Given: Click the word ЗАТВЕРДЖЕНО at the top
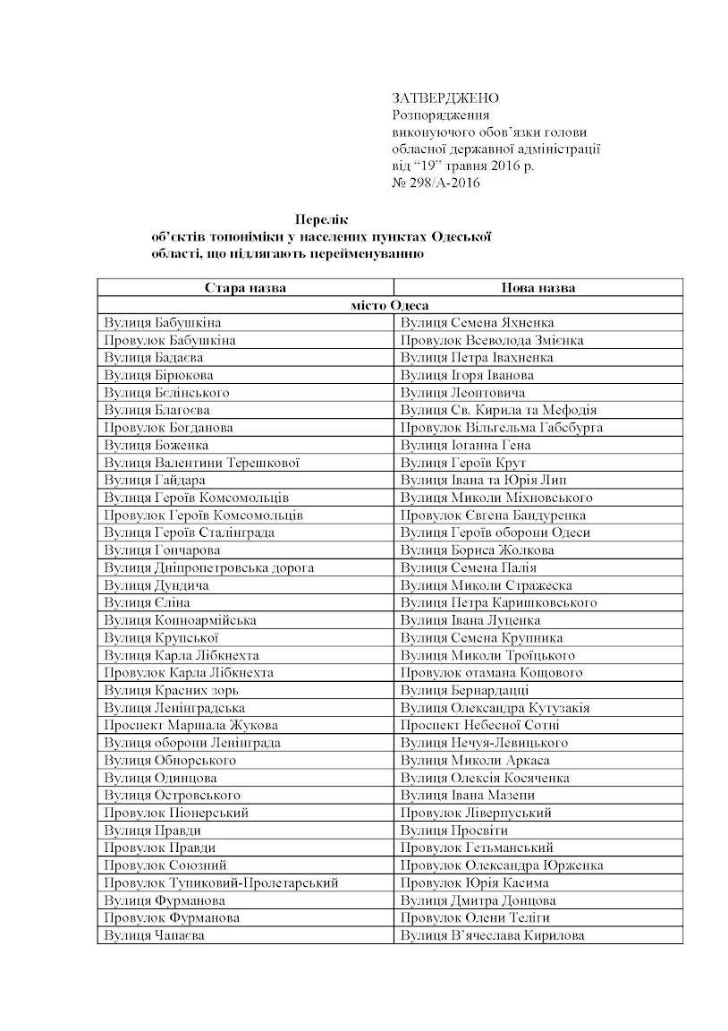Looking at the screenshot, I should [x=444, y=98].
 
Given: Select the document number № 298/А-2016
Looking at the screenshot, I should [x=436, y=183].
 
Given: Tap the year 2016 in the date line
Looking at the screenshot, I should [x=506, y=166].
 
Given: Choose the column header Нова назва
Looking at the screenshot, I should [x=538, y=288].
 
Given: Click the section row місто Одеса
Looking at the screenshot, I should [x=390, y=305].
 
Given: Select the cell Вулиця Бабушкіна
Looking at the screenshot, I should [x=163, y=323].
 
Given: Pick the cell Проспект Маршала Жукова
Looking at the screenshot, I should [x=190, y=725].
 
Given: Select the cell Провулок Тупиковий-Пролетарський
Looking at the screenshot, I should [x=221, y=882].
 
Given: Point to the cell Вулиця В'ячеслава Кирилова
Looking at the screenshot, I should [x=493, y=935].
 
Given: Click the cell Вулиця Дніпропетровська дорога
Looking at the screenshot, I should [x=208, y=567].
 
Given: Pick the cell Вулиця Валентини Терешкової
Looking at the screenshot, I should [x=201, y=463].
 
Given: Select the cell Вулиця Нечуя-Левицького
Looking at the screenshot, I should [x=484, y=743].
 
